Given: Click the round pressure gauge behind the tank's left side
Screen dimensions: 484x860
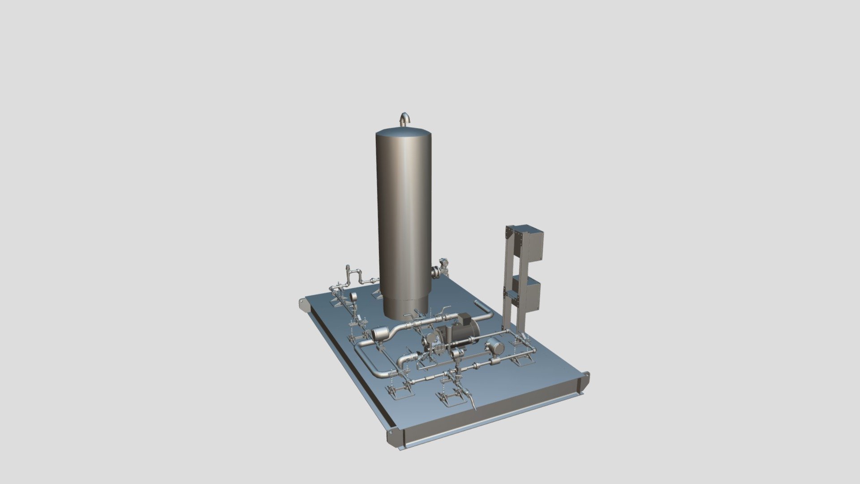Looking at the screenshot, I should point(353,297).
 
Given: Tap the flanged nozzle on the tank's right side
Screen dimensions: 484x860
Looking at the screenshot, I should point(435,271).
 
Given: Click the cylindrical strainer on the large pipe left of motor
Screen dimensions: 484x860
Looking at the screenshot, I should point(381,333).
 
